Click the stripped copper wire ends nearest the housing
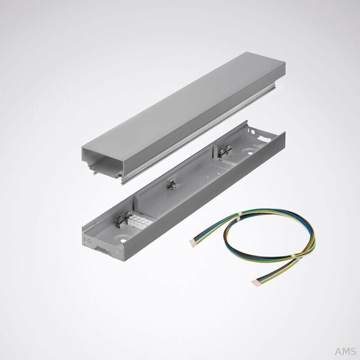(x=193, y=243)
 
